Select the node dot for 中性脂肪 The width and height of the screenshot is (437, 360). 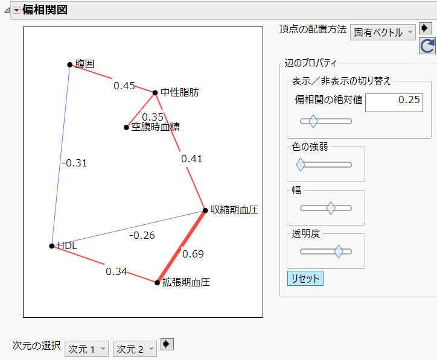click(155, 93)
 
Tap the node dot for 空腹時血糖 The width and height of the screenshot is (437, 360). click(126, 127)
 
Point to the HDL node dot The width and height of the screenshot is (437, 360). click(52, 245)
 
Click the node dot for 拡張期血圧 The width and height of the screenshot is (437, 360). click(157, 282)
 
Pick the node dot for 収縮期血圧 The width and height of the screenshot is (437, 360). click(205, 210)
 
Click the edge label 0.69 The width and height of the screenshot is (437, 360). click(193, 254)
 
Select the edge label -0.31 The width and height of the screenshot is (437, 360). click(75, 162)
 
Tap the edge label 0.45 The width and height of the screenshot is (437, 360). click(124, 86)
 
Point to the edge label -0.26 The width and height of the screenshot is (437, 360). click(142, 235)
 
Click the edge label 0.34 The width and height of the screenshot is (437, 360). click(116, 271)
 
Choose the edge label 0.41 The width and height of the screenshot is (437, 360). click(192, 159)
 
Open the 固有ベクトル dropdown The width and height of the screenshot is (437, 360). click(383, 33)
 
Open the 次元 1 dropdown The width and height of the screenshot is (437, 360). click(86, 349)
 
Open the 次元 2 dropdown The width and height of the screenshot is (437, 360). click(135, 349)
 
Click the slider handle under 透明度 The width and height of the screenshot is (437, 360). click(339, 251)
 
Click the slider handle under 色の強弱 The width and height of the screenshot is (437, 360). click(300, 164)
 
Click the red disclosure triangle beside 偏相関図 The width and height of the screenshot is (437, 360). click(16, 10)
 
